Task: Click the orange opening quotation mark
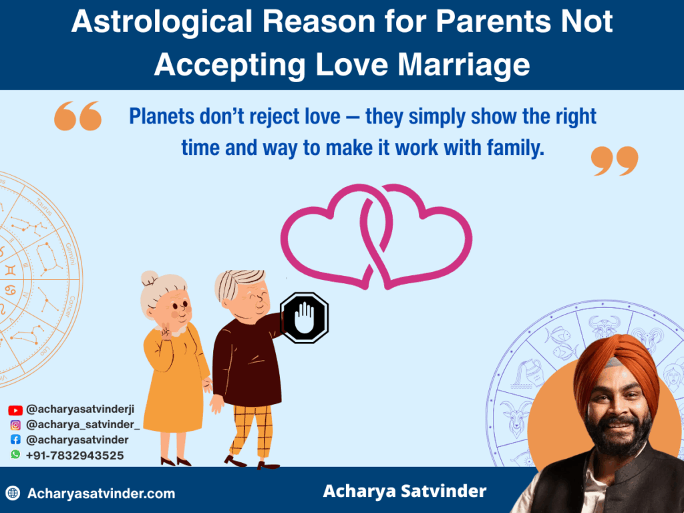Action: coord(77,116)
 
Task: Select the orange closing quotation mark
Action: coord(615,161)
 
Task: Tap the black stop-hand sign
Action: coord(304,317)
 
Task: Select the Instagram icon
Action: coord(15,425)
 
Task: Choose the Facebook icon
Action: coord(15,440)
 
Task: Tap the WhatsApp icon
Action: coord(15,455)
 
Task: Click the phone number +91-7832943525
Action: coord(74,455)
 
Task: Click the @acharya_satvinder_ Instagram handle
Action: coord(83,425)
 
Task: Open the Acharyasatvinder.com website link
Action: coord(101,494)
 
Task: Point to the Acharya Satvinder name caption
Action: coord(405,492)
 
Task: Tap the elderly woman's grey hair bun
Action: coord(149,278)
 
